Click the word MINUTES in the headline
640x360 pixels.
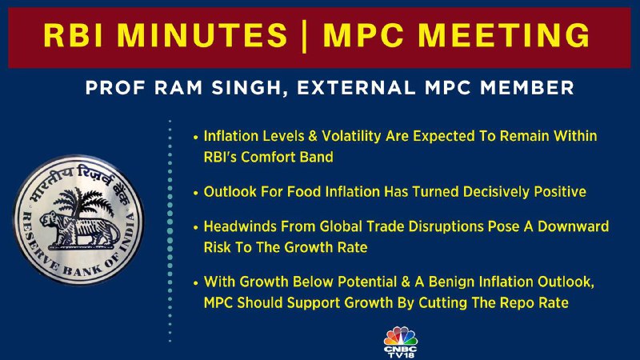pos(203,34)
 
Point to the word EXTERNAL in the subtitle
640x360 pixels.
pos(356,88)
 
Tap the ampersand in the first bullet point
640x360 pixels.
pos(313,136)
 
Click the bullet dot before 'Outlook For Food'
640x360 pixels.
pos(196,193)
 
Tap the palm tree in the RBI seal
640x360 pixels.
pos(78,203)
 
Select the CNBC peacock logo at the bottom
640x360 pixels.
pos(401,336)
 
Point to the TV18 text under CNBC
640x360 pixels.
pos(401,355)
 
